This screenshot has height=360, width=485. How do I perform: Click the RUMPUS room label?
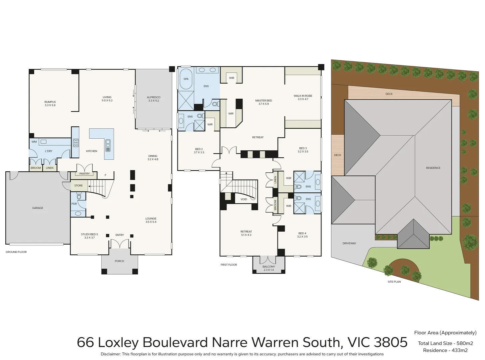(50, 102)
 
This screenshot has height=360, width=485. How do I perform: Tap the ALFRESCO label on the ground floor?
(154, 97)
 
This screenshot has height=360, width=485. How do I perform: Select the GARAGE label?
(38, 208)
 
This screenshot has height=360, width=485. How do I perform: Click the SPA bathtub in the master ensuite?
(186, 79)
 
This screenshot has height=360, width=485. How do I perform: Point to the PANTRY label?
(85, 174)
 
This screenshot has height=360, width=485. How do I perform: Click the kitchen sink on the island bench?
(108, 145)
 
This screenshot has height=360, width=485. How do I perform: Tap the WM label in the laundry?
(34, 142)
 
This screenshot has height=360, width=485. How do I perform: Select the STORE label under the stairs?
(78, 186)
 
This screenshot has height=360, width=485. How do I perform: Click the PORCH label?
(119, 261)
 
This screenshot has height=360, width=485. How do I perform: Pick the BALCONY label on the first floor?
(269, 267)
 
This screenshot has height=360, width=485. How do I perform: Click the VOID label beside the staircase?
(244, 199)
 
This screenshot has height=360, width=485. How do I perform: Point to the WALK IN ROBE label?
(303, 96)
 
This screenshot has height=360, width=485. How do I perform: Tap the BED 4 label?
(302, 233)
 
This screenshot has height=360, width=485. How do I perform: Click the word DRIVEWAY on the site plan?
(349, 243)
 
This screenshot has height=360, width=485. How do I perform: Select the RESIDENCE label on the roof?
(433, 168)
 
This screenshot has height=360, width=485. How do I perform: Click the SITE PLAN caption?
(394, 282)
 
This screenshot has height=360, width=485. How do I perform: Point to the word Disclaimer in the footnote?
(110, 354)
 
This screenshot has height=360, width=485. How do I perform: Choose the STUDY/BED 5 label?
(89, 234)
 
